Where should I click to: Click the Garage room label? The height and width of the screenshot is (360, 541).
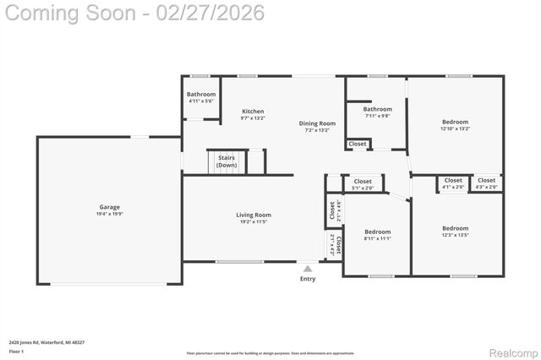[109, 207]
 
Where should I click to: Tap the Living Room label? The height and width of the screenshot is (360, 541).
[254, 215]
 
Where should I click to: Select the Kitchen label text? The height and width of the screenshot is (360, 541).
[253, 112]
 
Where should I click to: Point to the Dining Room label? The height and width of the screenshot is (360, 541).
[318, 123]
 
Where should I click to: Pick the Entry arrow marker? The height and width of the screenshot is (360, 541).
[308, 269]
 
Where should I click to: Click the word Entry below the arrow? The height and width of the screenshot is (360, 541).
[308, 279]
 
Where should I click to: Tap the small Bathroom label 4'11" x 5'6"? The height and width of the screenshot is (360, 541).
[201, 94]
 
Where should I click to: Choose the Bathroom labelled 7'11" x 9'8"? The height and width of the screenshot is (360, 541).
[377, 109]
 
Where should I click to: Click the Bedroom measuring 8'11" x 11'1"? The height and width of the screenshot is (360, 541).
[377, 232]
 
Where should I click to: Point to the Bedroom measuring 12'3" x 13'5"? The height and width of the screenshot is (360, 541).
[455, 228]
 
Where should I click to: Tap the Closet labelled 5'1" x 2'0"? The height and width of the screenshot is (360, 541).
[363, 182]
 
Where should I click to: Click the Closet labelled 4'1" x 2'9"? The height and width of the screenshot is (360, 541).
[453, 180]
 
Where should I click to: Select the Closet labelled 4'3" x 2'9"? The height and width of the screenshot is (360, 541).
[487, 180]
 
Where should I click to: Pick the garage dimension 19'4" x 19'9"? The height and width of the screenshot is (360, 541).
[109, 214]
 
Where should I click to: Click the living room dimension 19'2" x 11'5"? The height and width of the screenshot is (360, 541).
[254, 222]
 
